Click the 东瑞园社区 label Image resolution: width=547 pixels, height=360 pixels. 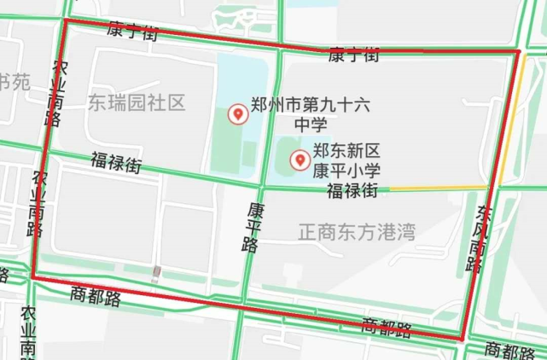[136, 103]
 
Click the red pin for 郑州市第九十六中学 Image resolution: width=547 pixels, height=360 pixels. [238, 113]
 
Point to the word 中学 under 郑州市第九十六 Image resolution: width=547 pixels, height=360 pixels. [311, 125]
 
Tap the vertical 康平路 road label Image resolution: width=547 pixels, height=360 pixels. [252, 227]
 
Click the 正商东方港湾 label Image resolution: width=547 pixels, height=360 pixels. [357, 231]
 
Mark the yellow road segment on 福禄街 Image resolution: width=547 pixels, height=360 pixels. [439, 188]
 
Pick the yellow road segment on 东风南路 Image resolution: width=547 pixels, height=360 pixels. [509, 119]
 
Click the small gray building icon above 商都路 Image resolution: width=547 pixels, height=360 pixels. [155, 273]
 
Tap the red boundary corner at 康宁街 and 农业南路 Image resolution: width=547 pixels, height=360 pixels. [65, 20]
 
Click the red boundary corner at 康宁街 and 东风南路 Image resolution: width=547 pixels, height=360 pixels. [518, 52]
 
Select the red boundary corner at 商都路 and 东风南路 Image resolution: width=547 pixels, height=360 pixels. [463, 339]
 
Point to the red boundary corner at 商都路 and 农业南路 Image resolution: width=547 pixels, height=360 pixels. [33, 277]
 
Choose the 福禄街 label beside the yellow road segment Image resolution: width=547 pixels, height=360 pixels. [352, 191]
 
